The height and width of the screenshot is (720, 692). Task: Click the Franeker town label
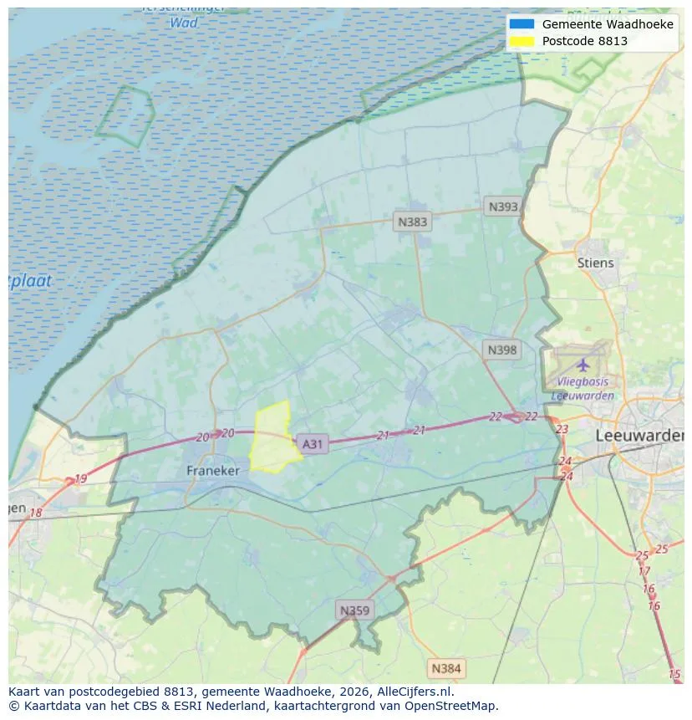coord(212,471)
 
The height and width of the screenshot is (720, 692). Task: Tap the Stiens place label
coord(595,263)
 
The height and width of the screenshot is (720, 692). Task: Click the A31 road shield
coord(312,444)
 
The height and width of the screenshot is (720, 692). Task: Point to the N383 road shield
coord(412,222)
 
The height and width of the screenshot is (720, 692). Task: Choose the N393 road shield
coord(503,207)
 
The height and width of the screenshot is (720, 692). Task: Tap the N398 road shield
coord(502,350)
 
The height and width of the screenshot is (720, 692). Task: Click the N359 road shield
coord(354,610)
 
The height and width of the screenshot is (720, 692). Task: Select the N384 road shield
coord(445,668)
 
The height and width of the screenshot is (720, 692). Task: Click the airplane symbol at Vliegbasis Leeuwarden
coord(583,365)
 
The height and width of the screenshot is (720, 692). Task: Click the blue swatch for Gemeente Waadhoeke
coord(520,24)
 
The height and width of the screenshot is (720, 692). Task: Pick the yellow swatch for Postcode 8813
coord(520,41)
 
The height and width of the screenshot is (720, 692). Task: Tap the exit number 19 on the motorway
coord(80,479)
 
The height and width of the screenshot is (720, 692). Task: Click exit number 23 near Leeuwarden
coord(562,429)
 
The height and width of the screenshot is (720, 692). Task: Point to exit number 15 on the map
coord(674,674)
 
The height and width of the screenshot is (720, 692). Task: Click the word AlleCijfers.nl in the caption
coord(412,692)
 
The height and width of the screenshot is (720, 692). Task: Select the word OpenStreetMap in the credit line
coord(451,706)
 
